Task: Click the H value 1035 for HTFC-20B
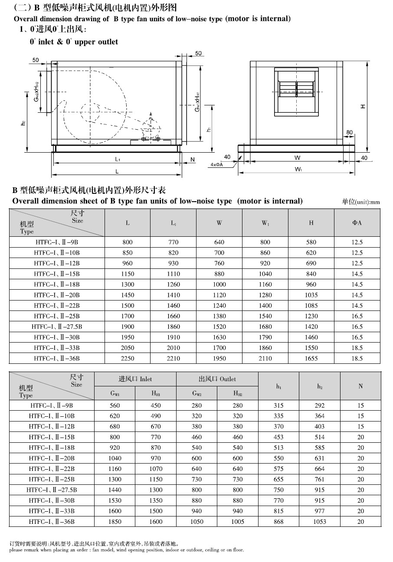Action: click(x=311, y=295)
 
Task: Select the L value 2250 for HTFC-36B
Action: click(x=128, y=358)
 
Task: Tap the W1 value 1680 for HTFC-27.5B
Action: click(x=265, y=327)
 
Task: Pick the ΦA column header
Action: click(x=357, y=223)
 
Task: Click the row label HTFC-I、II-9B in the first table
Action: click(x=57, y=242)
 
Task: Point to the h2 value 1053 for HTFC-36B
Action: click(x=320, y=522)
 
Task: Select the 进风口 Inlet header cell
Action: click(x=135, y=379)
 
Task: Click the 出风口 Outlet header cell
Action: click(x=217, y=379)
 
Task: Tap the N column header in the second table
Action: click(x=360, y=386)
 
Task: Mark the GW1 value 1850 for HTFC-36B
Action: click(x=115, y=522)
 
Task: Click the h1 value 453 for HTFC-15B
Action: click(x=278, y=437)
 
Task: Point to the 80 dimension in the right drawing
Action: click(x=350, y=132)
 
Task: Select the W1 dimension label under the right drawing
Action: click(x=298, y=169)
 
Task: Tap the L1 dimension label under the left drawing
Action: click(x=118, y=160)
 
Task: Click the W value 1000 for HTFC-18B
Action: click(x=219, y=284)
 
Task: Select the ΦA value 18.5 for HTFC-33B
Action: click(x=357, y=348)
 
